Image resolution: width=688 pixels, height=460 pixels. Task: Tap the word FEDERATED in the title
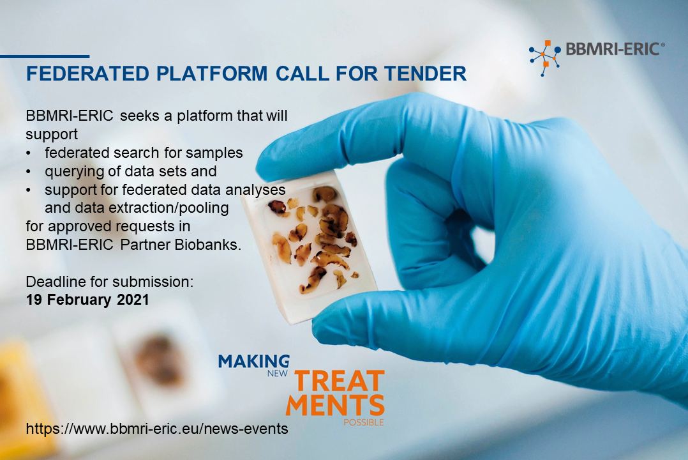(87, 73)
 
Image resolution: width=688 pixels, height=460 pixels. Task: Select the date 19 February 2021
(87, 300)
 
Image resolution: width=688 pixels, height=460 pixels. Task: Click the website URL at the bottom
(157, 428)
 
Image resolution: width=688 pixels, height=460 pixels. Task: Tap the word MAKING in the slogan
(254, 361)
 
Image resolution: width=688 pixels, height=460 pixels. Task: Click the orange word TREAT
(339, 381)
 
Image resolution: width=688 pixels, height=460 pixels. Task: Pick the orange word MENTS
(335, 404)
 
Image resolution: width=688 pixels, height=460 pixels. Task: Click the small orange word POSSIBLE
(363, 422)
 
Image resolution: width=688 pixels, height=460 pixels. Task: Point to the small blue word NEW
(277, 374)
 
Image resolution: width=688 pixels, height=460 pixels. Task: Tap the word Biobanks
(207, 245)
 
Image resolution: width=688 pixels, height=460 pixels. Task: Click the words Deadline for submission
(110, 282)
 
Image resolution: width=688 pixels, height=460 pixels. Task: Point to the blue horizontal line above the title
(45, 56)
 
